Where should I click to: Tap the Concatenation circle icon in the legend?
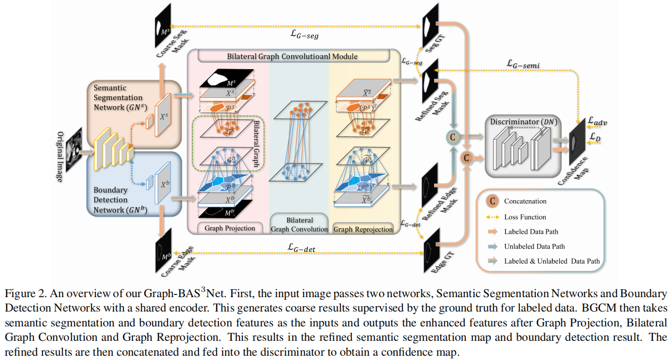[493, 202]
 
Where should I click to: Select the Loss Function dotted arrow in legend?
[493, 217]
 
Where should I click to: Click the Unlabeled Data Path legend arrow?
[493, 247]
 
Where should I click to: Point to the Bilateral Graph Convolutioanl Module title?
[292, 56]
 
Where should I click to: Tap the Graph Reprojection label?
[363, 230]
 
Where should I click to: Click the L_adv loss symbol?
[599, 122]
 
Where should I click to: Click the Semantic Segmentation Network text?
[118, 97]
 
